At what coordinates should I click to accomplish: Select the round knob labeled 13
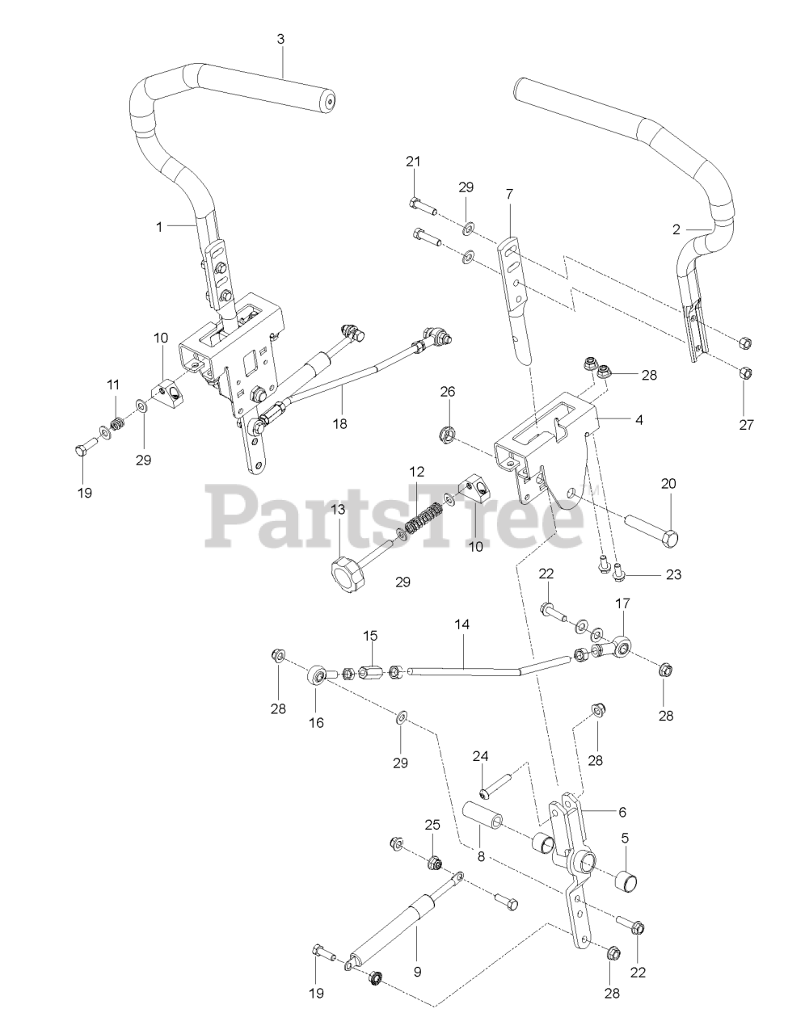[x=342, y=576]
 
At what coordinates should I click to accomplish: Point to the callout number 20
[x=669, y=484]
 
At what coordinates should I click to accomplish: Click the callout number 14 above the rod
[x=464, y=625]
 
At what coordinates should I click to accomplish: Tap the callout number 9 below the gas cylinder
[x=418, y=974]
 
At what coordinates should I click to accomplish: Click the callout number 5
[x=625, y=838]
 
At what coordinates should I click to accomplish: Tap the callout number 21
[x=413, y=162]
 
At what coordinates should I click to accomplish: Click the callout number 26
[x=448, y=392]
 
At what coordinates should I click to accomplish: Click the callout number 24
[x=481, y=757]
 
